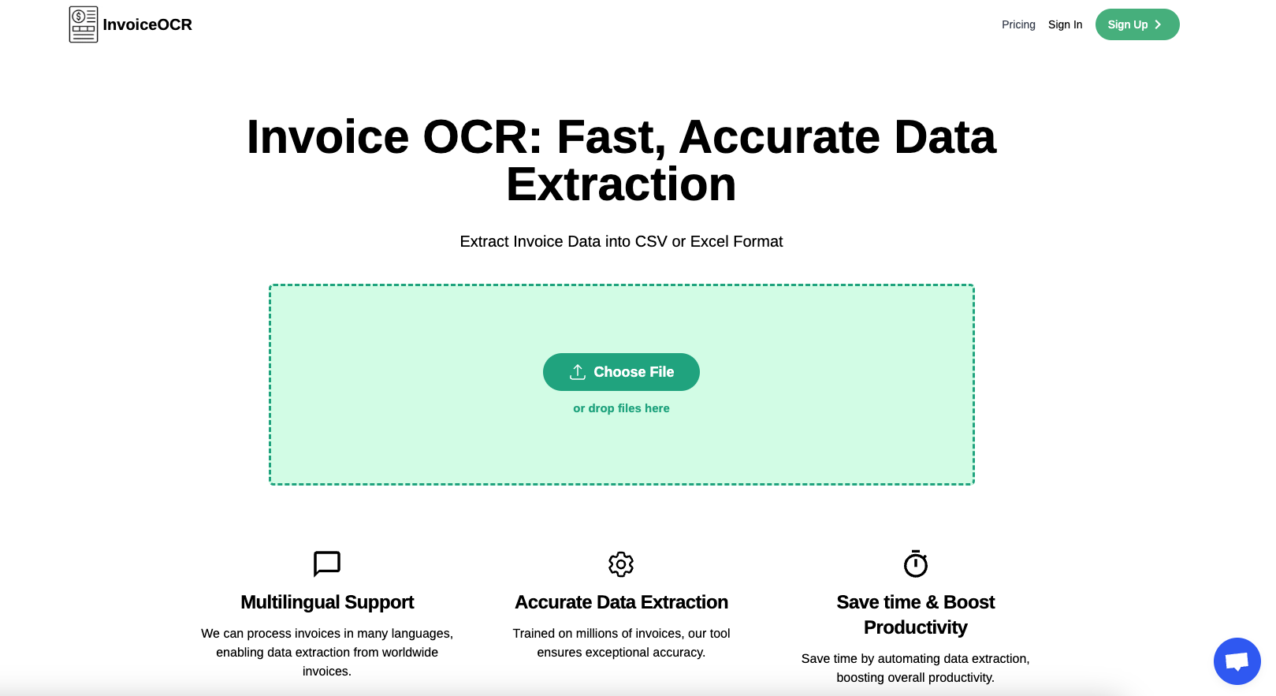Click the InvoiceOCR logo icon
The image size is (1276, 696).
coord(84,24)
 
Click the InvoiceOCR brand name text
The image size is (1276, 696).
coord(147,25)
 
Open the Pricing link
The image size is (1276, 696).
coord(1018,24)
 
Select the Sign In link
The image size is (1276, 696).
coord(1065,24)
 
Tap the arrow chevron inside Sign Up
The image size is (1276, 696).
coord(1158,24)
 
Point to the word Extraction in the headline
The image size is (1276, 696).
coord(621,184)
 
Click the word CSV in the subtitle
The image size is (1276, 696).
coord(651,241)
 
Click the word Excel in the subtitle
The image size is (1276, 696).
coord(709,241)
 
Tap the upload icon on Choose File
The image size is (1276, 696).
coord(578,372)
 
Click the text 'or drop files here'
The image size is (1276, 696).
coord(621,408)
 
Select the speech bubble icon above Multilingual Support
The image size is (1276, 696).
coord(327,564)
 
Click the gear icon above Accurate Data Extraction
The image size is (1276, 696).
coord(621,564)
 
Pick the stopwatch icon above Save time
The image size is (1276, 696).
coord(915,564)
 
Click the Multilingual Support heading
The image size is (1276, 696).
coord(327,602)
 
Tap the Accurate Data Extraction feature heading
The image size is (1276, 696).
coord(621,602)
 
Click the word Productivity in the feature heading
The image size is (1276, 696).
coord(915,627)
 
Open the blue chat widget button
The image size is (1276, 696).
coord(1237,661)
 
